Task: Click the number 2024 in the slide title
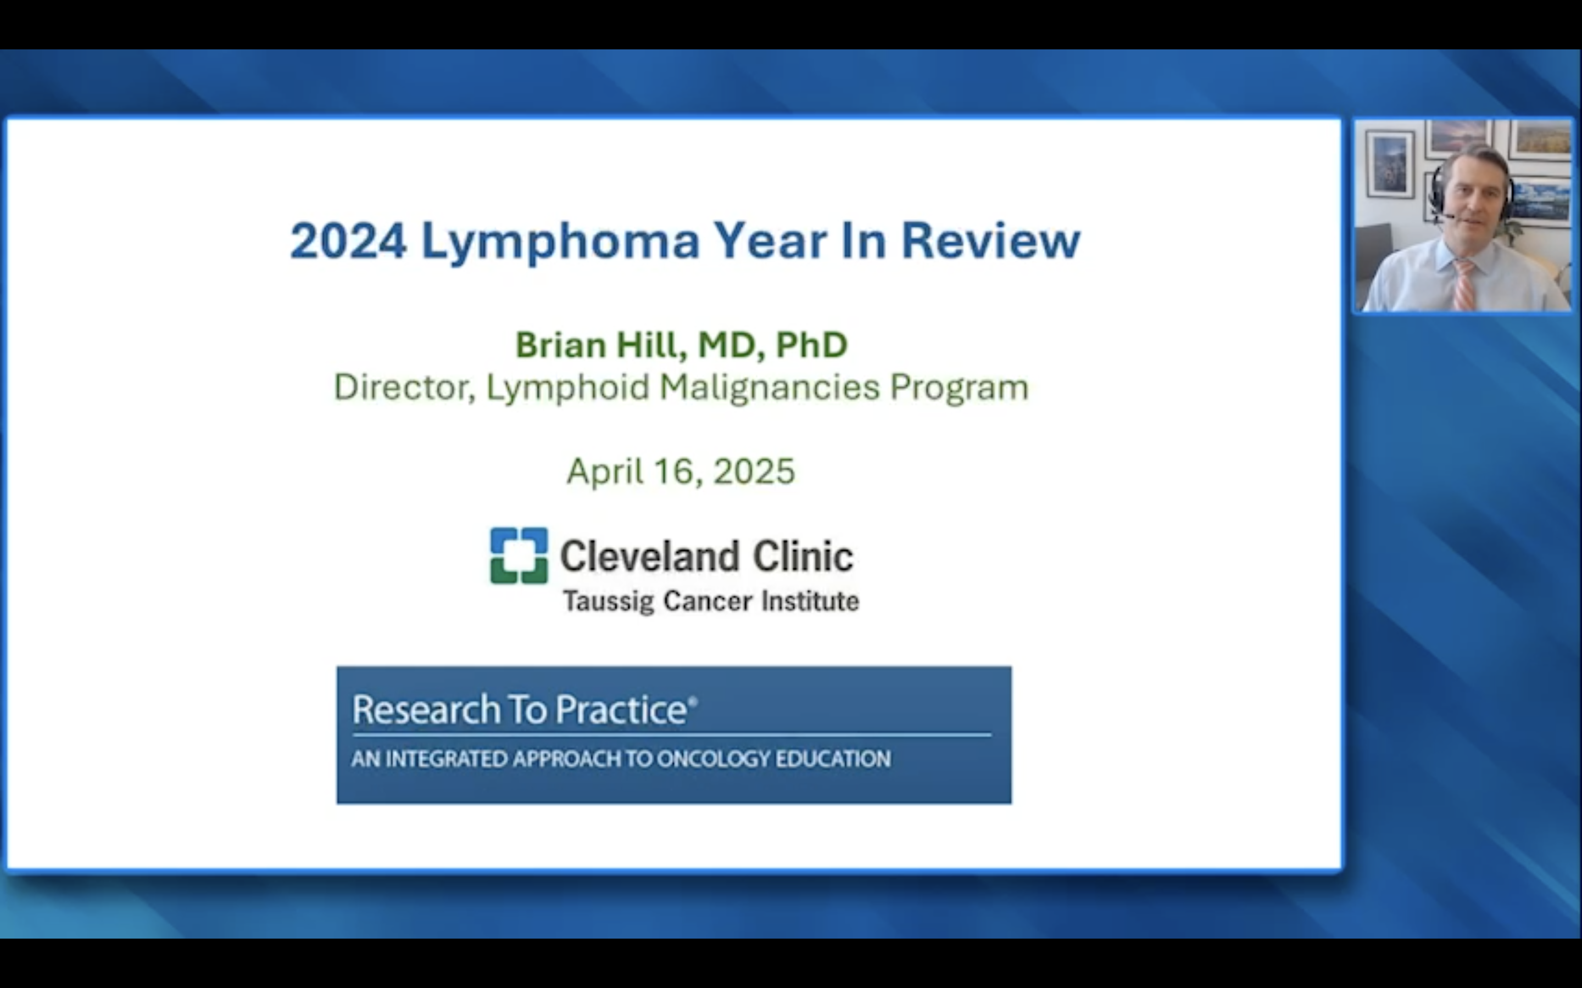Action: pos(348,241)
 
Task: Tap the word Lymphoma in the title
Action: pos(561,243)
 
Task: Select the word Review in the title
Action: pos(991,241)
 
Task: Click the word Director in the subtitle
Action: pos(403,388)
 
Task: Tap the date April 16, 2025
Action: pos(681,471)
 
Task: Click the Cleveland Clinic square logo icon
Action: pos(519,555)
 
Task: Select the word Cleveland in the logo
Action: pos(650,556)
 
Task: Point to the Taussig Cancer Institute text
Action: pos(711,601)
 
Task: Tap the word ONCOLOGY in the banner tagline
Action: pos(712,759)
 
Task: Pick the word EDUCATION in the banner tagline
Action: pos(833,759)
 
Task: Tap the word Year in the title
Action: pos(771,241)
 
